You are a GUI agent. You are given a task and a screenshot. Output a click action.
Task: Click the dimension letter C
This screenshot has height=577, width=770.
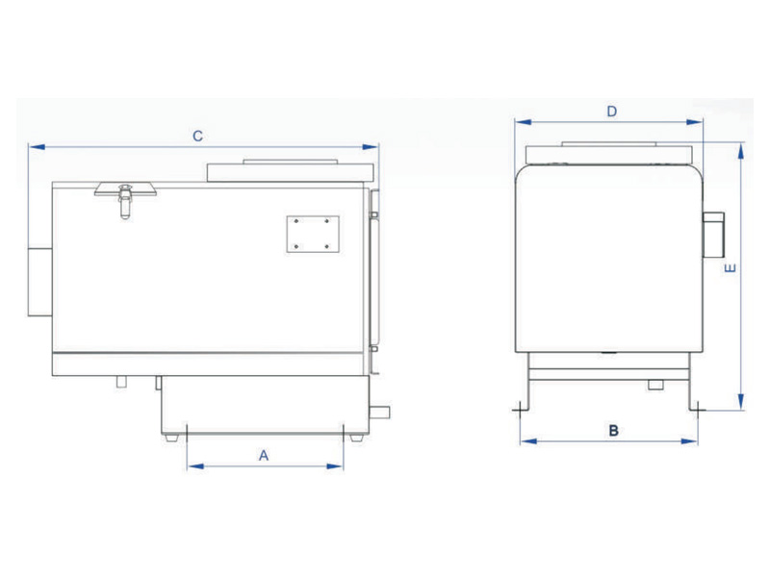(x=197, y=136)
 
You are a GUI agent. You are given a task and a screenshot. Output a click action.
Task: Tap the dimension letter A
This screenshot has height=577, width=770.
(x=264, y=456)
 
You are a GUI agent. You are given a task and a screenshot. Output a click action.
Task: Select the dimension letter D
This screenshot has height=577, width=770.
(x=611, y=112)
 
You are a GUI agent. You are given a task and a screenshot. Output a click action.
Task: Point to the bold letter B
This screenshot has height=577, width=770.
(x=613, y=431)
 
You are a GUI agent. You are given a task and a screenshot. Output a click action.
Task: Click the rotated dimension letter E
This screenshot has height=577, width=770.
(x=731, y=268)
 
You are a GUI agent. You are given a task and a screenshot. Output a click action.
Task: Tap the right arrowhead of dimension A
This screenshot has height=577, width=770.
(x=335, y=466)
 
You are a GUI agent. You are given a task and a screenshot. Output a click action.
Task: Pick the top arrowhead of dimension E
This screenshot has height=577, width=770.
(x=740, y=150)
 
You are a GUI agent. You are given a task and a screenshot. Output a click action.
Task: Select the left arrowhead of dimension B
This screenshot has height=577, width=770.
(x=527, y=441)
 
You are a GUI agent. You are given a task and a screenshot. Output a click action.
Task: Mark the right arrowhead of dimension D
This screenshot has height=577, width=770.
(x=694, y=122)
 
